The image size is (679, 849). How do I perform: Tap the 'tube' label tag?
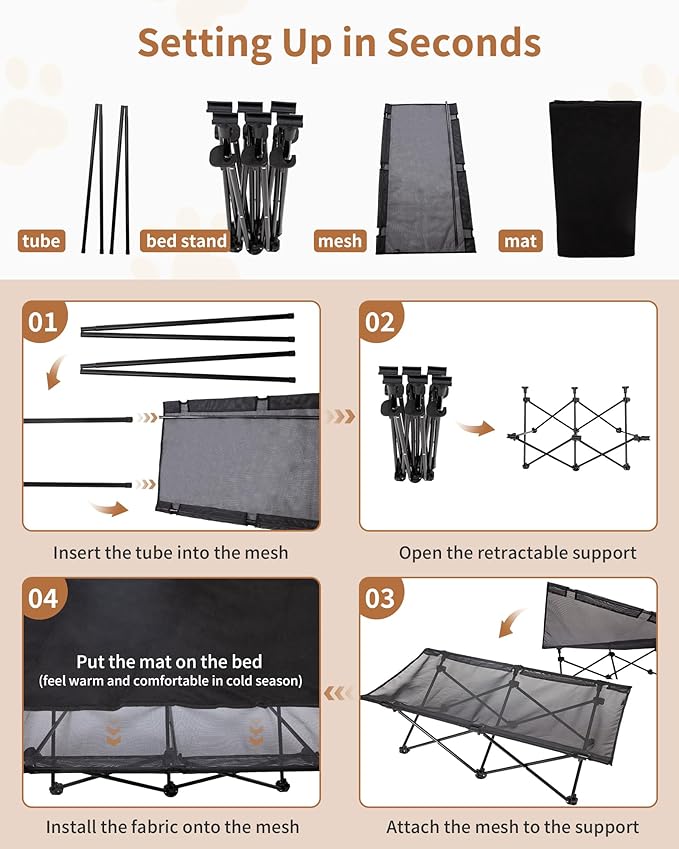pyautogui.click(x=42, y=240)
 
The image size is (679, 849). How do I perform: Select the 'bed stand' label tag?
pyautogui.click(x=186, y=240)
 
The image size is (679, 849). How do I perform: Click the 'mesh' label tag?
pyautogui.click(x=339, y=240)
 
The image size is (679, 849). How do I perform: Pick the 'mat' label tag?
pyautogui.click(x=520, y=240)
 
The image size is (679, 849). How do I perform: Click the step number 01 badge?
pyautogui.click(x=43, y=322)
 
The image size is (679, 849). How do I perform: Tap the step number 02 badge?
pyautogui.click(x=381, y=322)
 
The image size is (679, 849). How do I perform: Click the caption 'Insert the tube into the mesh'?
pyautogui.click(x=170, y=552)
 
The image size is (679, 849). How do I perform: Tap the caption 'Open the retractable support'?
pyautogui.click(x=517, y=552)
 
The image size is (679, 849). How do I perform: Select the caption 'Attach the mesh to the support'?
pyautogui.click(x=512, y=827)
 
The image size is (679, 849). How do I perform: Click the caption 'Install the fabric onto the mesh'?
pyautogui.click(x=172, y=827)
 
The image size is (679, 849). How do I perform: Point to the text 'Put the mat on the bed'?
pyautogui.click(x=170, y=661)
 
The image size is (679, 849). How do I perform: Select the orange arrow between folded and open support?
pyautogui.click(x=476, y=429)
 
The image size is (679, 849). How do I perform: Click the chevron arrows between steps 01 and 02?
pyautogui.click(x=341, y=416)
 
